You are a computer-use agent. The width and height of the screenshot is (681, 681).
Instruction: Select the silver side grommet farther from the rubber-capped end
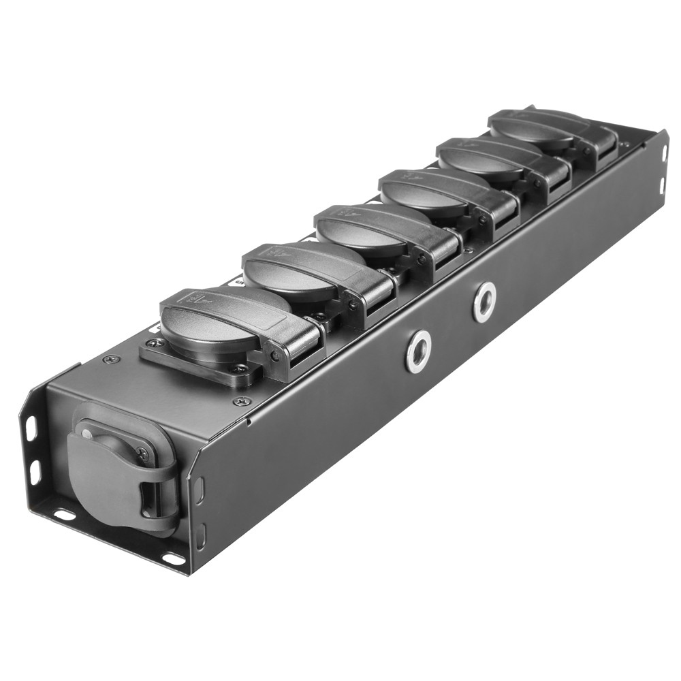point(484,302)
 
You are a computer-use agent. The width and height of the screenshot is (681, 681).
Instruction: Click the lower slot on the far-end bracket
point(663,185)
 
